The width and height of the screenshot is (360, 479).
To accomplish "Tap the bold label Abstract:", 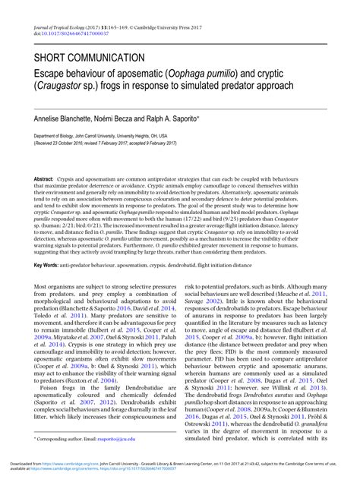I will pyautogui.click(x=49, y=178).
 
